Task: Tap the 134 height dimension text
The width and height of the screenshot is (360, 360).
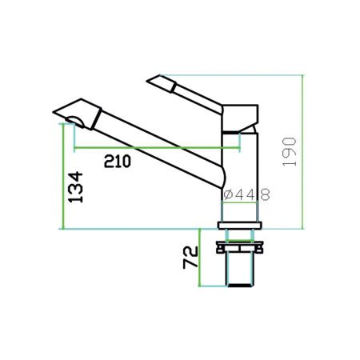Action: click(x=74, y=186)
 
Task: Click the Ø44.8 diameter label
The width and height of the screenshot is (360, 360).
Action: click(x=245, y=194)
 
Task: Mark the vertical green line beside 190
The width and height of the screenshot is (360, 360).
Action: click(x=304, y=152)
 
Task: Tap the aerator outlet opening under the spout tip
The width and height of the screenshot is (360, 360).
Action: click(x=74, y=122)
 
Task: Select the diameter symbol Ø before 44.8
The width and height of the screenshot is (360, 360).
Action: click(x=227, y=194)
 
